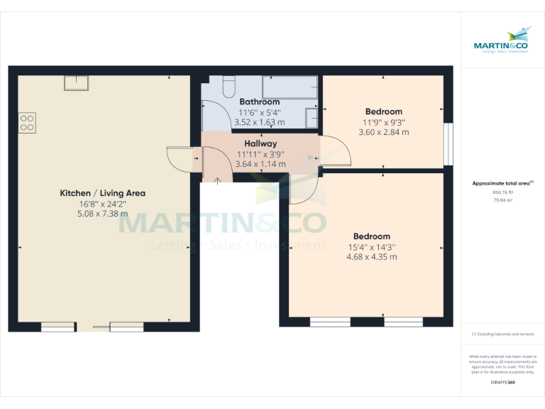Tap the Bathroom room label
click(259, 102)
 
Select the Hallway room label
click(260, 143)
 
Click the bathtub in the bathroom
click(290, 87)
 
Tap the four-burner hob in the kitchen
click(27, 122)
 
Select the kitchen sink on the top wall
click(75, 82)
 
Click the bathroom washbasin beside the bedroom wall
click(312, 117)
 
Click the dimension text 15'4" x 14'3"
click(371, 247)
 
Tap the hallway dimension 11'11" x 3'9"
click(260, 154)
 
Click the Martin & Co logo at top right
click(502, 40)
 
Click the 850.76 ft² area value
click(502, 192)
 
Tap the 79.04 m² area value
click(502, 200)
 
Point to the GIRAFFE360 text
click(502, 383)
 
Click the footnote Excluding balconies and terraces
click(502, 334)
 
